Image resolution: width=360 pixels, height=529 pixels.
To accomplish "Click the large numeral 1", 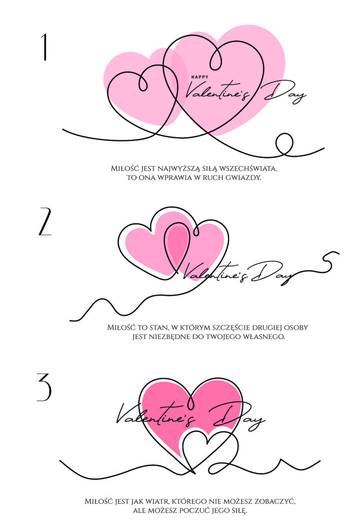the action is tap(44, 47).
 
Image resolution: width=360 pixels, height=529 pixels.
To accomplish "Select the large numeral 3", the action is tap(44, 387).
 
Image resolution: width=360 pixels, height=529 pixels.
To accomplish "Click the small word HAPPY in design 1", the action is tap(200, 77).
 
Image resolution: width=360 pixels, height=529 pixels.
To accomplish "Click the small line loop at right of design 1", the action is tap(284, 143).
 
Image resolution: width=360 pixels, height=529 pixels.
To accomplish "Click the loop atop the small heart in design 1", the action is tap(143, 83).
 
